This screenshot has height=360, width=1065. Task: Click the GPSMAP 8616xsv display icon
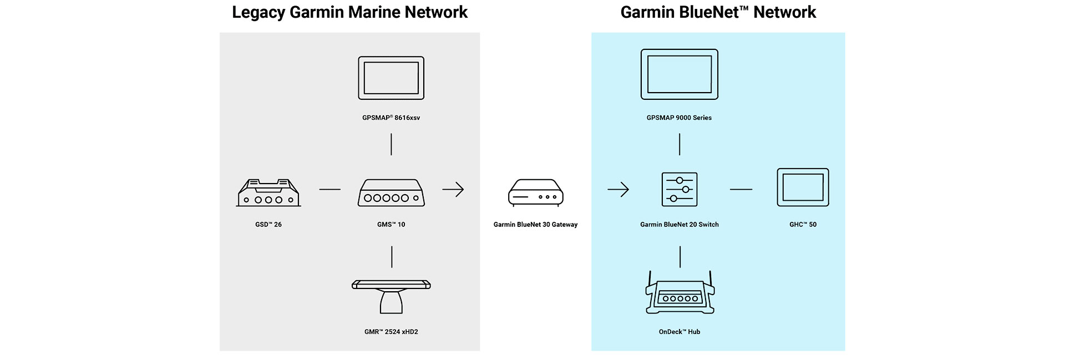click(391, 78)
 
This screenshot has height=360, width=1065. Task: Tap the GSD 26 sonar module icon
click(268, 193)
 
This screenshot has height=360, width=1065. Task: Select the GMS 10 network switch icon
click(391, 193)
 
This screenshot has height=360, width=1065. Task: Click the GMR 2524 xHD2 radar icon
click(391, 297)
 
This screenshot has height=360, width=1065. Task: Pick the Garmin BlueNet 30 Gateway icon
click(536, 192)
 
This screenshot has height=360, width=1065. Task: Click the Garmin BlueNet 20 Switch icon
click(679, 190)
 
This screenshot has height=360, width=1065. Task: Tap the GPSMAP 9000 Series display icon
click(679, 74)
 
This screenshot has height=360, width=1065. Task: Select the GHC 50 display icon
click(803, 187)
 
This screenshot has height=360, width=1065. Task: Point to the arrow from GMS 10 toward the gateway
click(453, 190)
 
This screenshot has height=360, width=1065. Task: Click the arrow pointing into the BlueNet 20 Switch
click(618, 190)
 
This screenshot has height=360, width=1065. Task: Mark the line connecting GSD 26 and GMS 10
click(330, 190)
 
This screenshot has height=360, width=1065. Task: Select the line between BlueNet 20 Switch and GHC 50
click(741, 190)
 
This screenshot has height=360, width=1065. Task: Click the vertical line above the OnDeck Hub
click(680, 257)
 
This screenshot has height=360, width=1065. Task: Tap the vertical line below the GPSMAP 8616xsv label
click(391, 144)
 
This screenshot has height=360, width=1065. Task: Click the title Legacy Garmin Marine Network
click(349, 12)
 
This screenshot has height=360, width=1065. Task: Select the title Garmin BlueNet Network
click(718, 12)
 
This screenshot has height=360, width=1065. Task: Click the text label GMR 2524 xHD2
click(391, 332)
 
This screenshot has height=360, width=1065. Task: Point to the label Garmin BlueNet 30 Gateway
click(535, 225)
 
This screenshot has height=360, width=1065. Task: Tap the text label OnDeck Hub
click(679, 332)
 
